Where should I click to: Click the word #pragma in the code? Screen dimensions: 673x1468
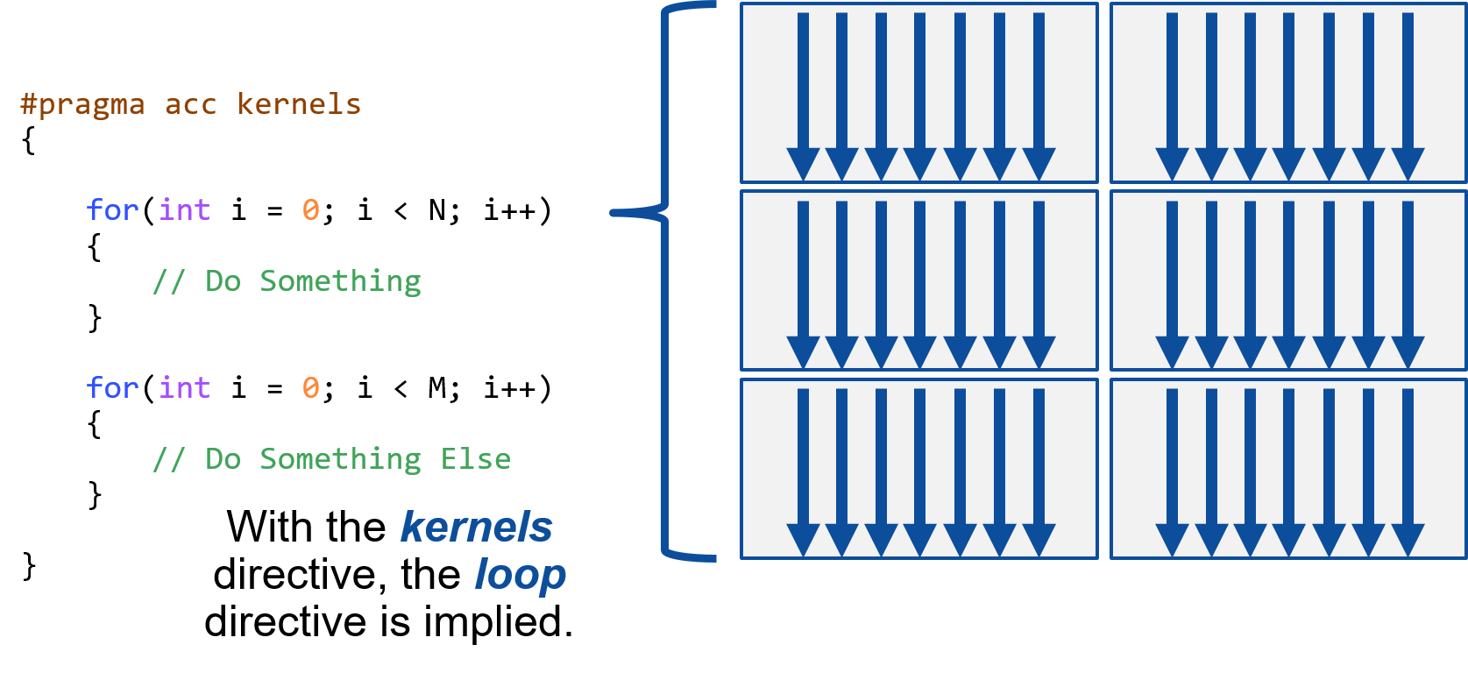82,105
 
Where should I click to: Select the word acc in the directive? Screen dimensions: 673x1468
191,105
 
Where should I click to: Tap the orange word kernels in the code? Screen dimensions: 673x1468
299,104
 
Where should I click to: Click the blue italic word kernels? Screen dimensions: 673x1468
476,528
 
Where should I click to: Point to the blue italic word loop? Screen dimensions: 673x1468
520,575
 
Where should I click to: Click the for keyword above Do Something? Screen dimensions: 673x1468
113,210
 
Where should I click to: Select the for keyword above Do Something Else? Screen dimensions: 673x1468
113,387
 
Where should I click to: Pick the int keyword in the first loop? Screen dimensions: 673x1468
185,210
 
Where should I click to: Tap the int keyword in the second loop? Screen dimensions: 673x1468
185,387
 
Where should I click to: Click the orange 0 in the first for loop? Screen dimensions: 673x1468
311,210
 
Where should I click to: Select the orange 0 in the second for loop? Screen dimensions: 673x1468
311,387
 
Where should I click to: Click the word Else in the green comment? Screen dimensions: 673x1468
476,459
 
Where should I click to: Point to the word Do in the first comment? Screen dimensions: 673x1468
223,281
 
